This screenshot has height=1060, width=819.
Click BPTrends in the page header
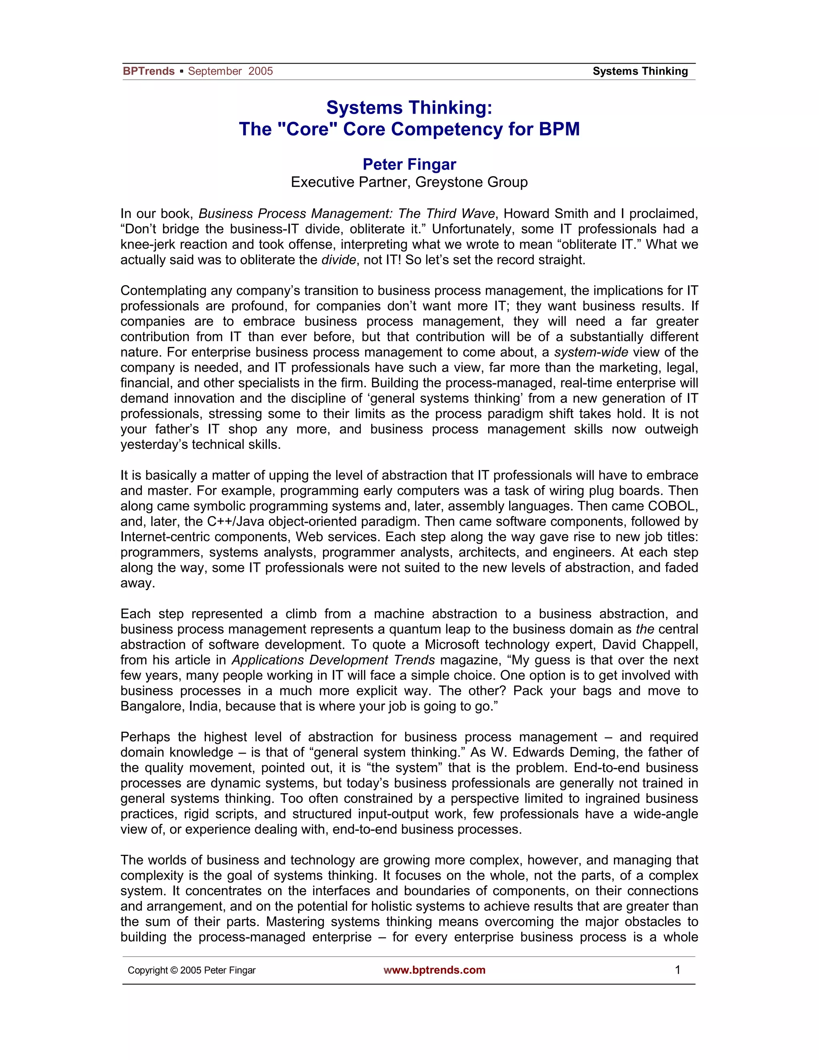coord(148,71)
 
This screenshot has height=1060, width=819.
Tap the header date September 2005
coord(230,71)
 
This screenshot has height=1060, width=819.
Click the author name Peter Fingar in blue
coord(409,164)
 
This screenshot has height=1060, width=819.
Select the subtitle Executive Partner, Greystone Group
coord(409,182)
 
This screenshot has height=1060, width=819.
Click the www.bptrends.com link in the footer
coord(434,970)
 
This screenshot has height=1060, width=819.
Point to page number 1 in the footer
coord(677,970)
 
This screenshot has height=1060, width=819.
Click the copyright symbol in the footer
coord(174,970)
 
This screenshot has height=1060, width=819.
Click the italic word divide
coord(338,260)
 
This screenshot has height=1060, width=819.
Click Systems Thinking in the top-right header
coord(640,71)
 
